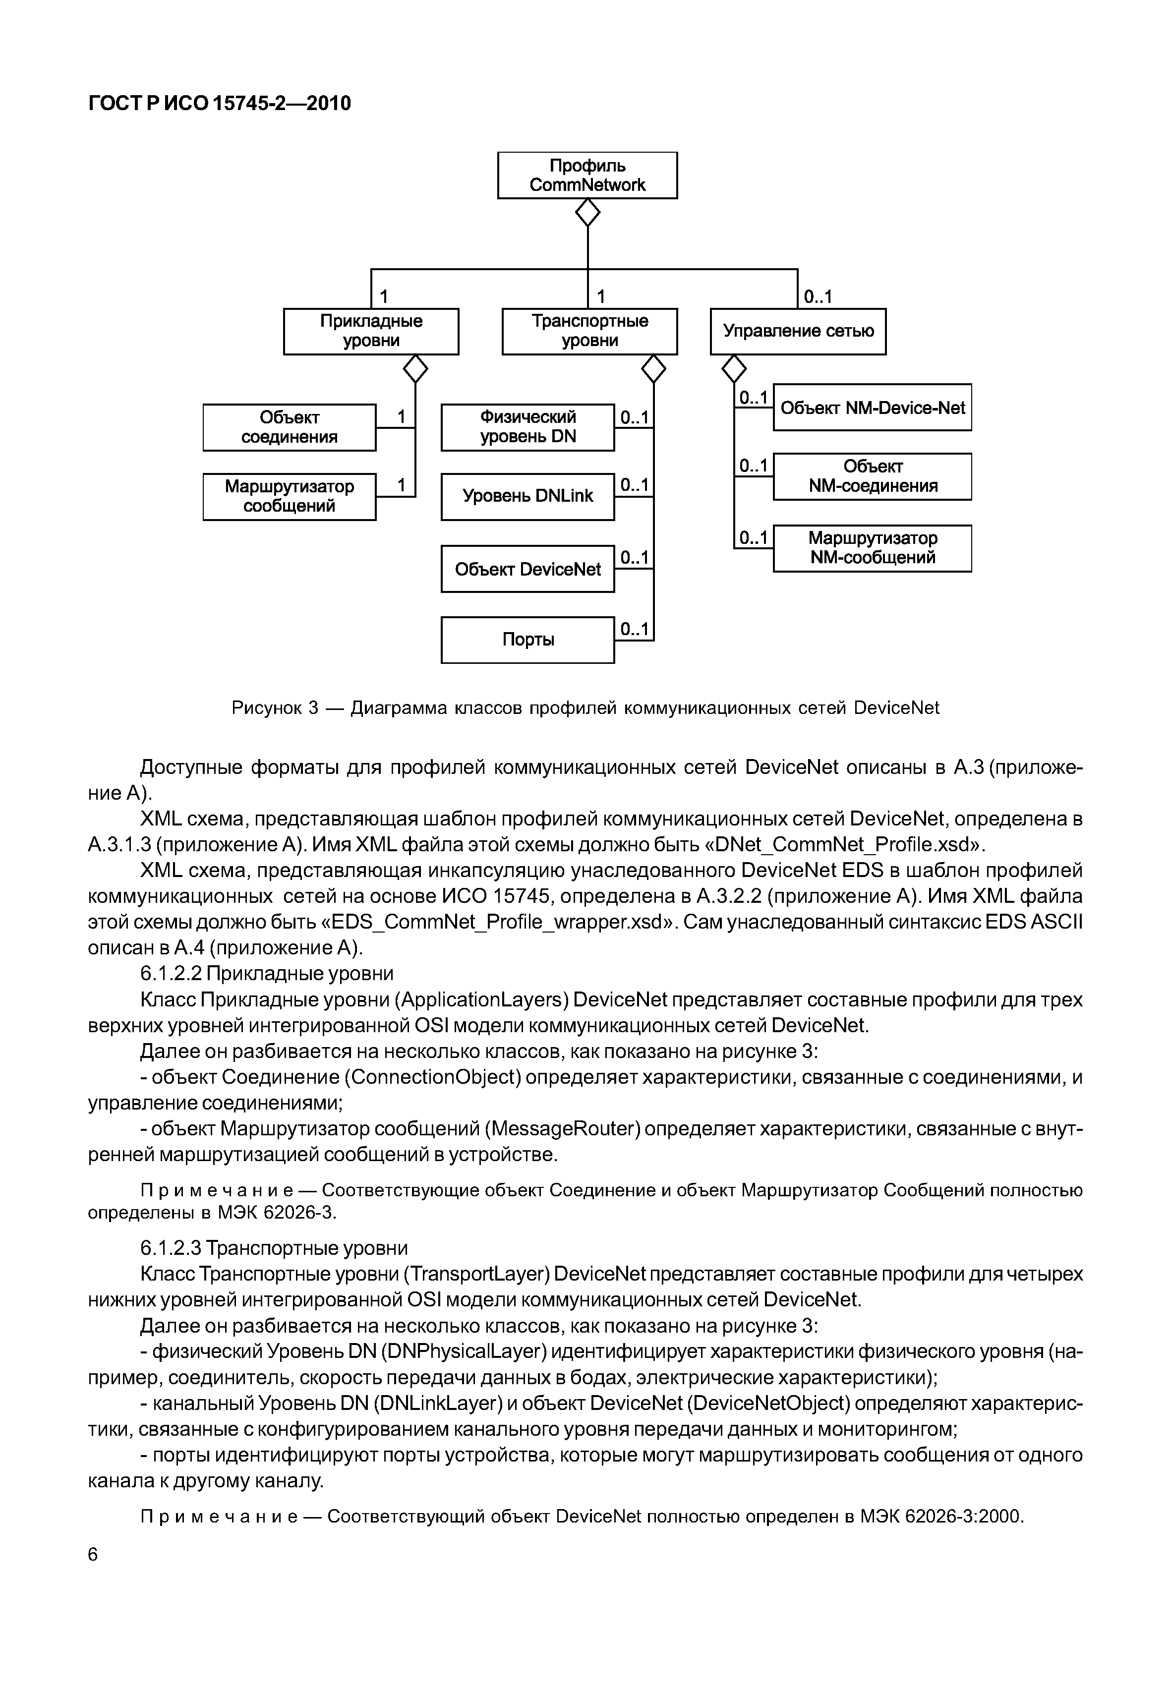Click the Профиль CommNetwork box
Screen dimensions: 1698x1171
click(x=587, y=176)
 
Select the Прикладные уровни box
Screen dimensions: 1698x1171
click(x=371, y=332)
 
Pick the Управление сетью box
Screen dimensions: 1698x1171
click(x=798, y=332)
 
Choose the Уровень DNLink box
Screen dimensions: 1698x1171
click(x=527, y=497)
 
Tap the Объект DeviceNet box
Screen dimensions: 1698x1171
click(x=527, y=570)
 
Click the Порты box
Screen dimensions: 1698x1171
click(x=527, y=641)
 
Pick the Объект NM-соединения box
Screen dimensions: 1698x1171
click(x=873, y=477)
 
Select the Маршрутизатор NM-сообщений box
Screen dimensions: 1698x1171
click(x=873, y=548)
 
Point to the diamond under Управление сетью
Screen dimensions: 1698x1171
click(x=734, y=369)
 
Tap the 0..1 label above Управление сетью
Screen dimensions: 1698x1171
click(x=818, y=297)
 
